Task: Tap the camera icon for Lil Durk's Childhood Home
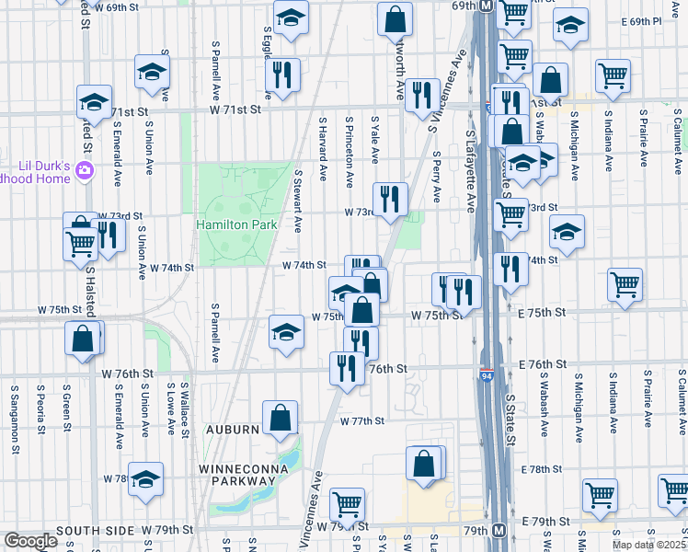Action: [85, 169]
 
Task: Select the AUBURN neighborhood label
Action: [232, 430]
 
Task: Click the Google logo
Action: [30, 541]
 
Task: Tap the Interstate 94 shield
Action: [486, 376]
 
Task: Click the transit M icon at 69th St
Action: [486, 6]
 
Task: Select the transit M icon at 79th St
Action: [498, 531]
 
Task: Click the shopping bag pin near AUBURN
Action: [280, 419]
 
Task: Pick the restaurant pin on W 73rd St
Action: [390, 199]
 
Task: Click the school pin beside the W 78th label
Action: [145, 481]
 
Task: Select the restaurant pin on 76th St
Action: [346, 370]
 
